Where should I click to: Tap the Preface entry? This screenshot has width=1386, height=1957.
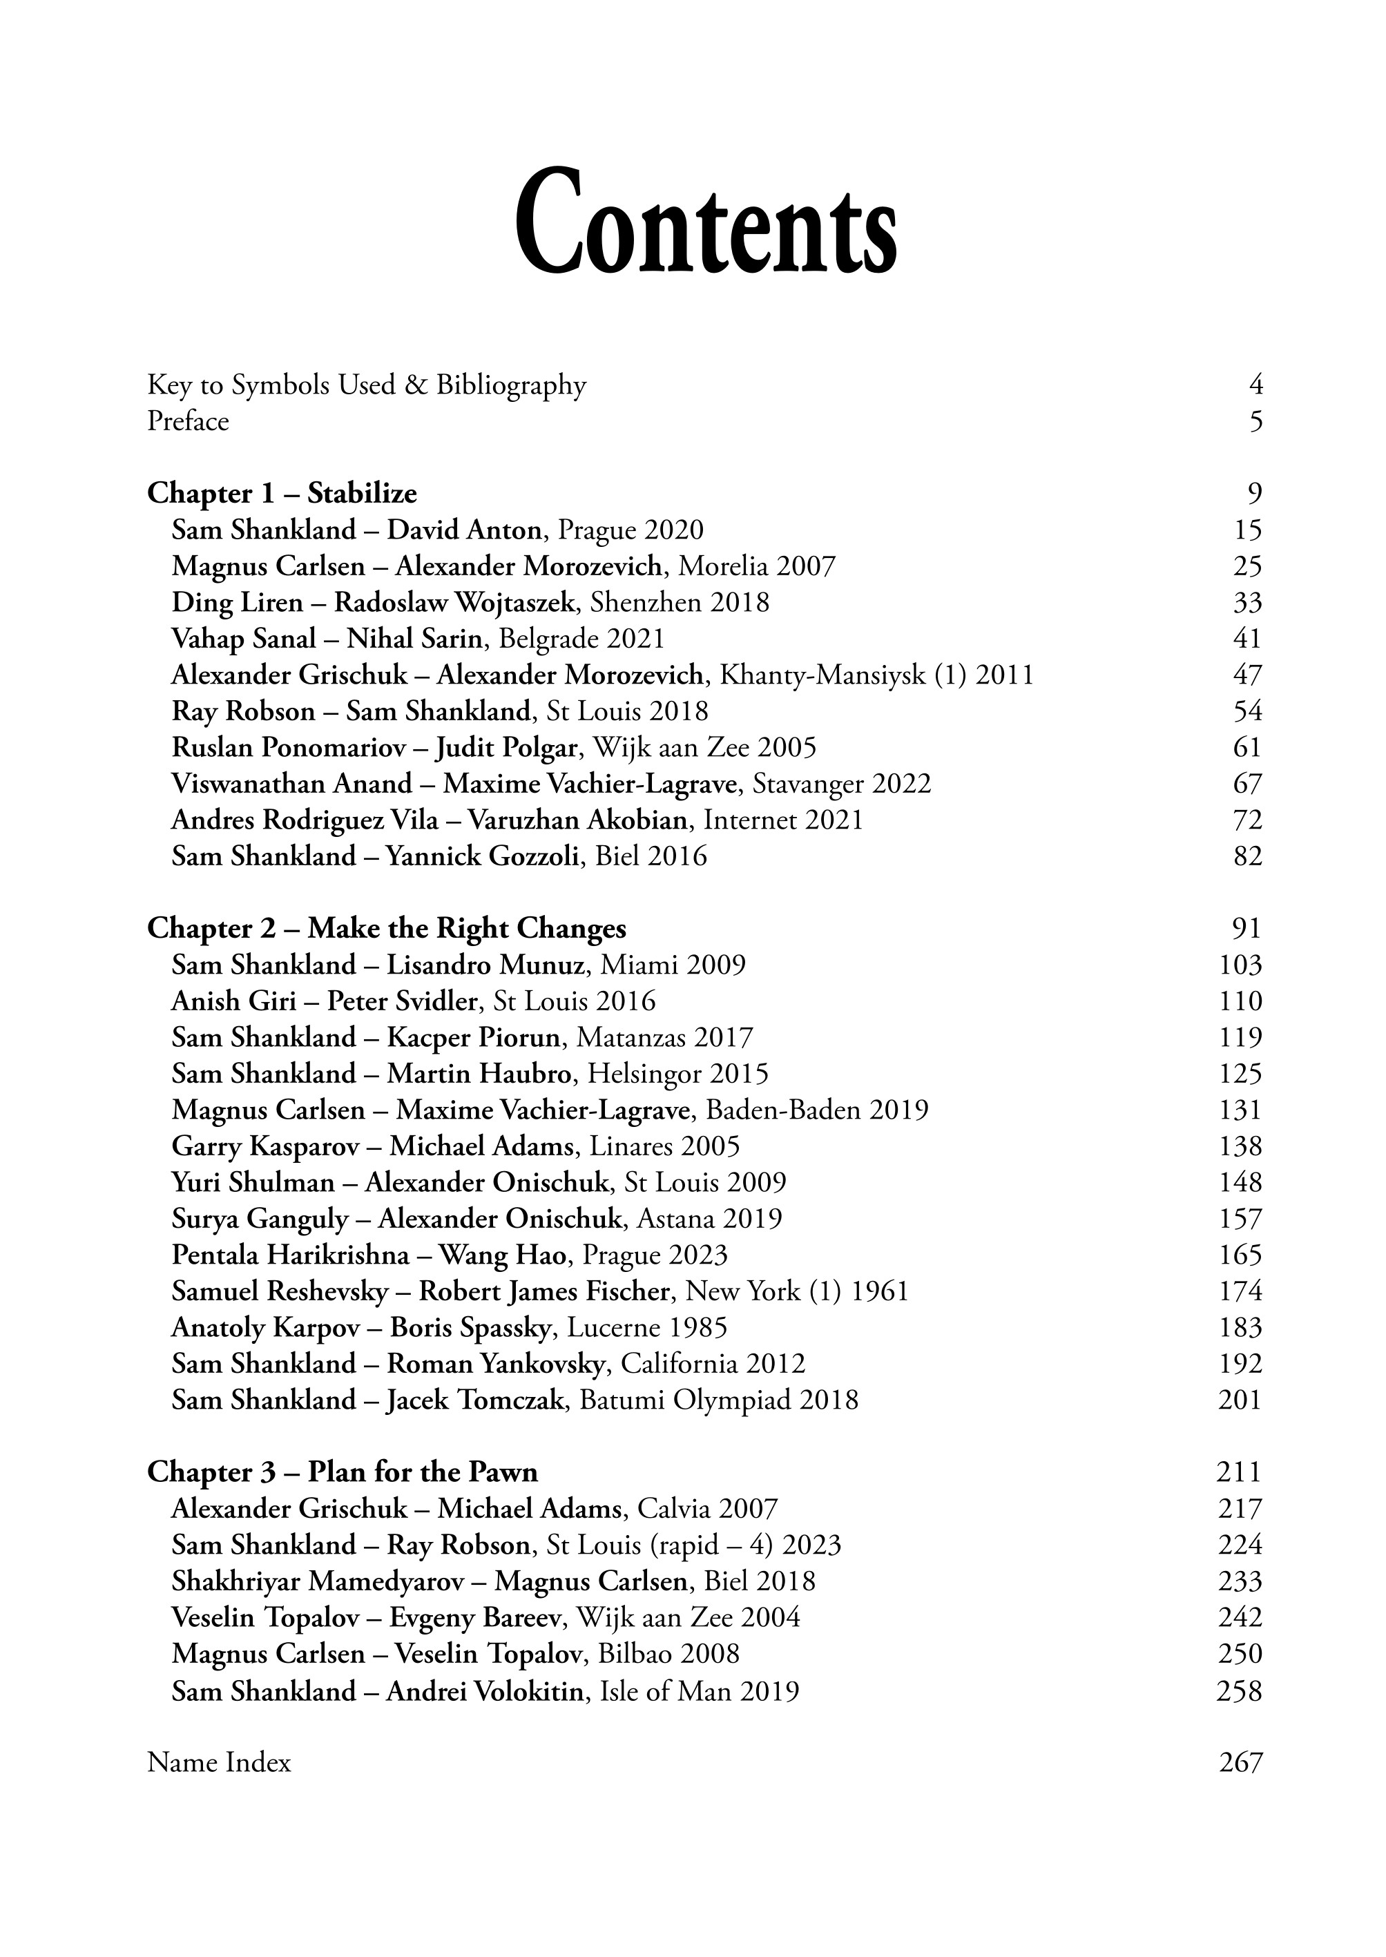pos(188,422)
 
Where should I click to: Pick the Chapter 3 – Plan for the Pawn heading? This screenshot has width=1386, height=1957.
pos(343,1472)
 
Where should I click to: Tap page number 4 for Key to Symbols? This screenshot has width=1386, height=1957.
pos(1255,386)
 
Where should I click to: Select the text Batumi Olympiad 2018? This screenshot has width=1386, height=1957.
pos(719,1400)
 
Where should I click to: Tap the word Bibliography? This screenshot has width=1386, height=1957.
pos(511,386)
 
